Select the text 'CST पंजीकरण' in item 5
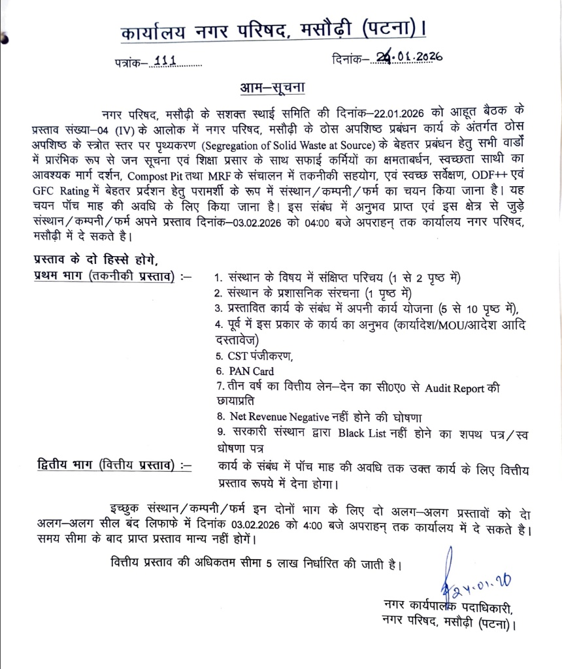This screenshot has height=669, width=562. pos(256,356)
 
